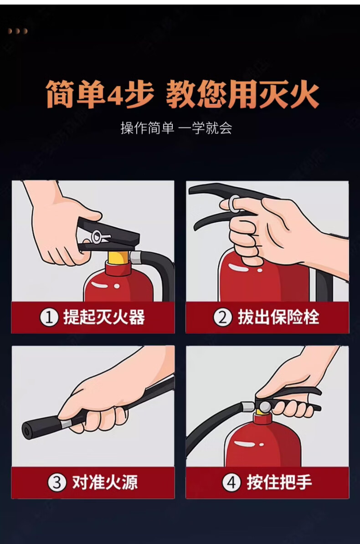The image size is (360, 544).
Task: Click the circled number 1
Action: [49, 318]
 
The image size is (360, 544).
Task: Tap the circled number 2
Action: [222, 318]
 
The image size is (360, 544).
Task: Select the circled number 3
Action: [57, 482]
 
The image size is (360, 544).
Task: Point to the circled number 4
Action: [231, 482]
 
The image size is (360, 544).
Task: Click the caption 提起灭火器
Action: [104, 318]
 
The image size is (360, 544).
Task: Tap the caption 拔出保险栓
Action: [278, 318]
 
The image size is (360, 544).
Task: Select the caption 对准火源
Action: [105, 482]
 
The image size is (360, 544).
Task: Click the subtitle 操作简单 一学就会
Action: [176, 128]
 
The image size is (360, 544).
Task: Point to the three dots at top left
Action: [17, 31]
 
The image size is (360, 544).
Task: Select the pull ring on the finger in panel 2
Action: [233, 204]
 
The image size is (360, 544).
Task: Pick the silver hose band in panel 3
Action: [66, 423]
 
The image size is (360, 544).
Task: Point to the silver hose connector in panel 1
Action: [135, 257]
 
